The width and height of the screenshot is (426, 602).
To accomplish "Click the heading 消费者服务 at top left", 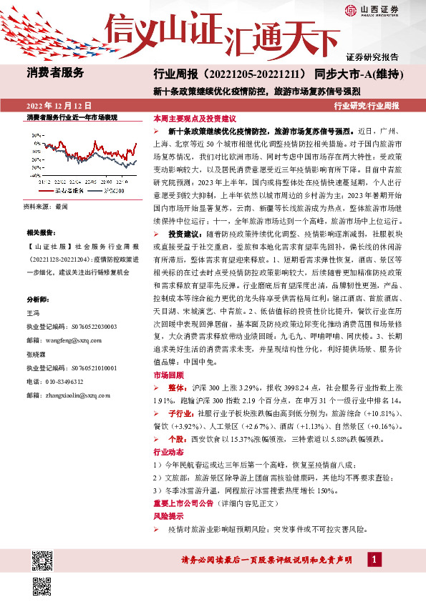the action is point(56,72).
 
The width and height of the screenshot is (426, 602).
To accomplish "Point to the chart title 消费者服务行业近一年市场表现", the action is point(72,117).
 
